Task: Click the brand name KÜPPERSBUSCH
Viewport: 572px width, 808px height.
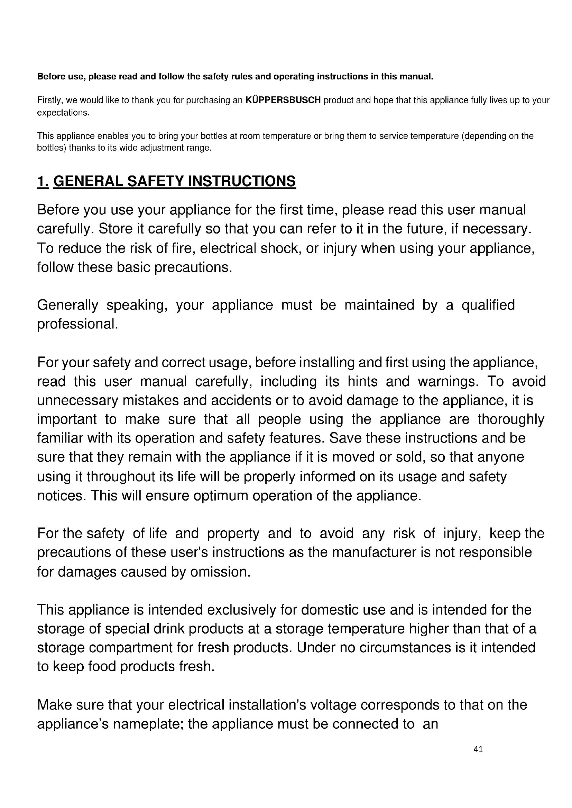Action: (x=283, y=100)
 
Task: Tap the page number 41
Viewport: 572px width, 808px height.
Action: (x=478, y=749)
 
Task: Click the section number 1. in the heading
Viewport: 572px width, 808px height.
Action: (x=43, y=181)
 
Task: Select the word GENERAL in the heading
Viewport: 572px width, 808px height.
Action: (x=88, y=181)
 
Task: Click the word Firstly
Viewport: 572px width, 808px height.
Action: (x=50, y=100)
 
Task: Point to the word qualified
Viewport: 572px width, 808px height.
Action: (x=488, y=305)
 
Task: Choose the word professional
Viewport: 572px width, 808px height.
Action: (x=77, y=324)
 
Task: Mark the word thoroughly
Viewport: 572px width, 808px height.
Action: (x=511, y=419)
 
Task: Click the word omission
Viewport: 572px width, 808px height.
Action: (x=220, y=572)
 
